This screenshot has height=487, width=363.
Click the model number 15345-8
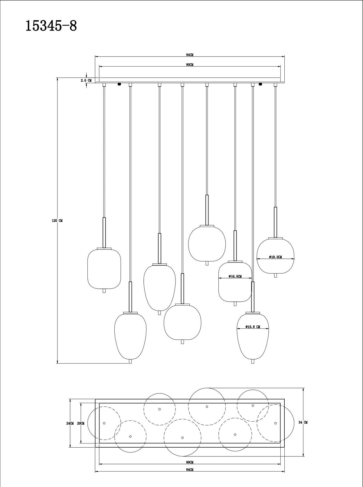(51, 26)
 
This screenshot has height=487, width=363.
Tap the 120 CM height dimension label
(57, 221)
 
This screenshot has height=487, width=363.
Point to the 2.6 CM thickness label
(86, 80)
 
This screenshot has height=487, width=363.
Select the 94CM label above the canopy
(190, 55)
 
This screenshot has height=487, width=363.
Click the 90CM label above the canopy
(190, 65)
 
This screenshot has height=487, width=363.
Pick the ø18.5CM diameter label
(275, 257)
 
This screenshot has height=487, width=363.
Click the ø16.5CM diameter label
(235, 276)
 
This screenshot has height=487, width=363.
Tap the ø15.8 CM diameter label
(253, 327)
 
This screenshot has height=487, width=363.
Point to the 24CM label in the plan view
(70, 423)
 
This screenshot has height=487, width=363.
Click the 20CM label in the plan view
(80, 423)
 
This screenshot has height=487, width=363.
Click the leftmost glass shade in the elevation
(104, 268)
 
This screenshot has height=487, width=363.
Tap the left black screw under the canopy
(119, 84)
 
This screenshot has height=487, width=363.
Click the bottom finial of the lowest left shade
(130, 361)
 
